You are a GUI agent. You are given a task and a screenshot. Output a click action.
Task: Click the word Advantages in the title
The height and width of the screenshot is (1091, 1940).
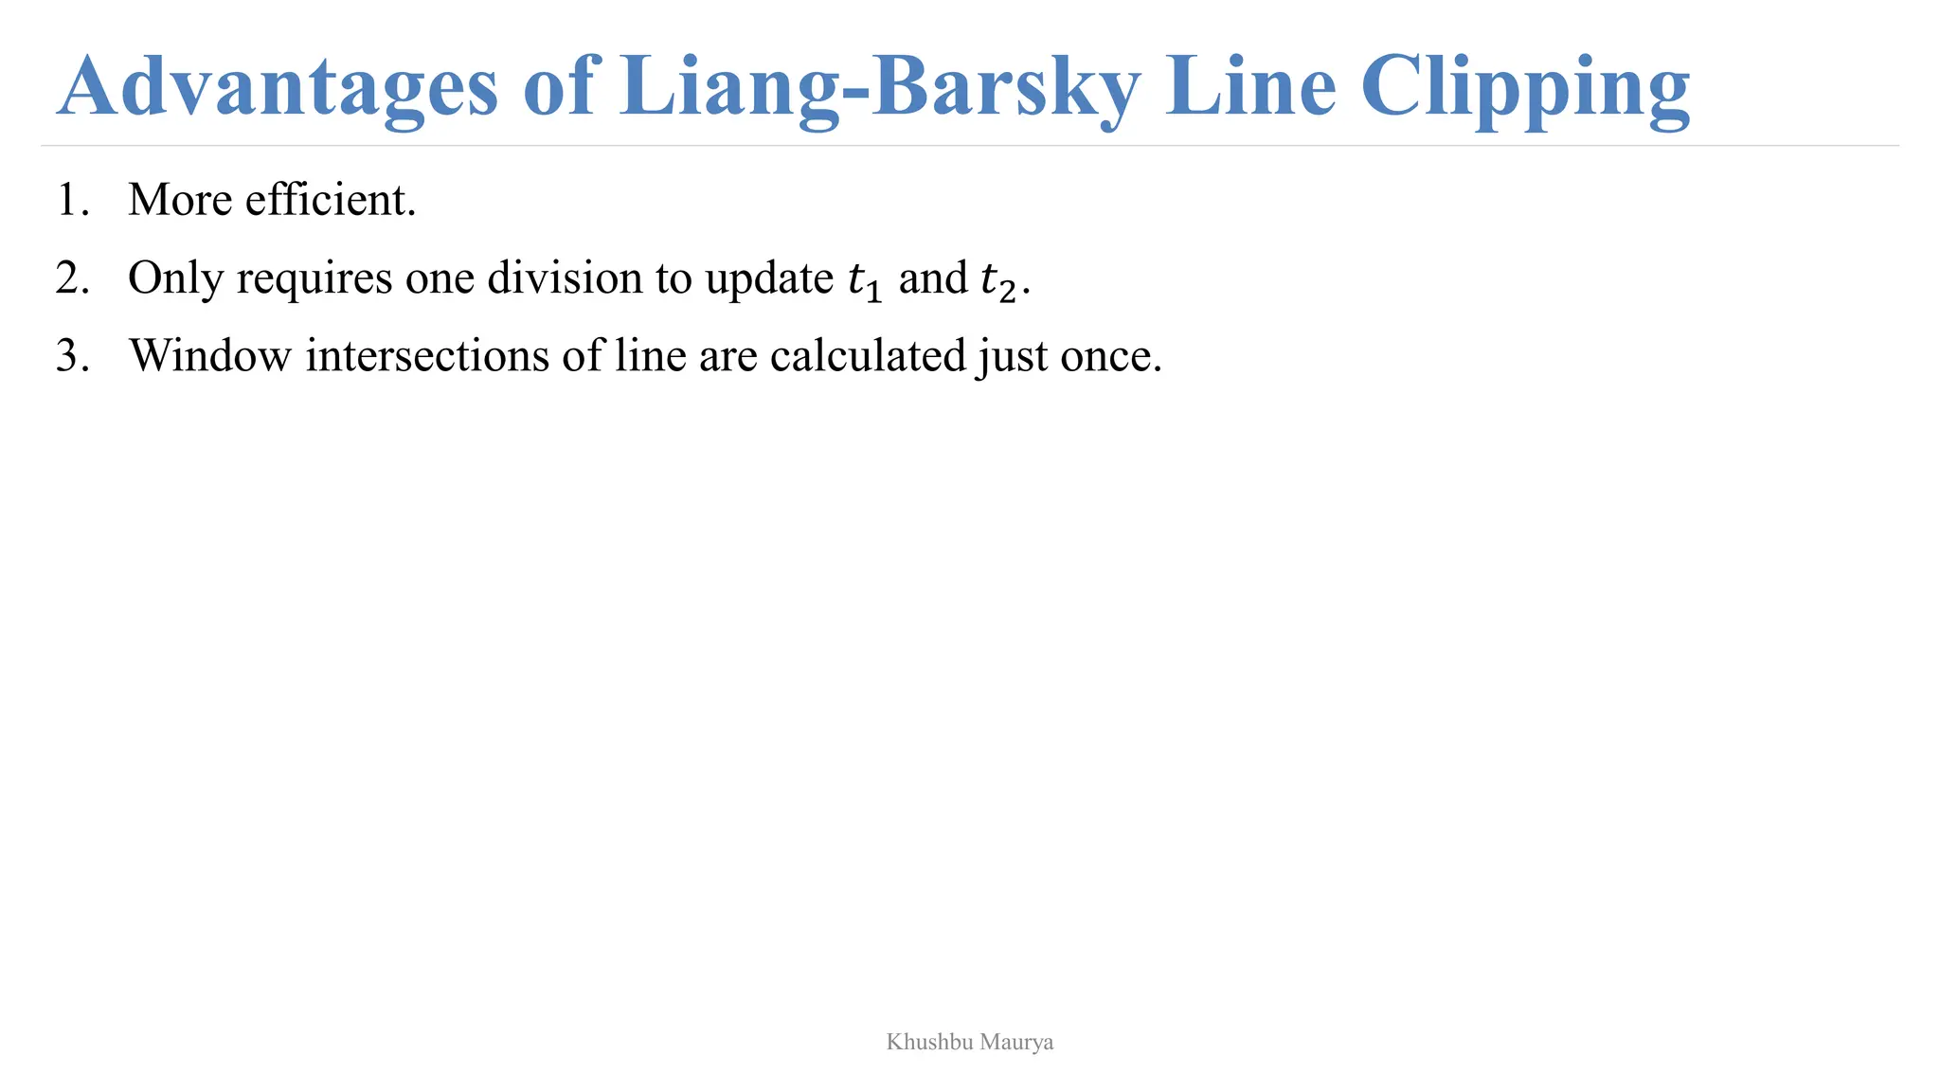tap(277, 87)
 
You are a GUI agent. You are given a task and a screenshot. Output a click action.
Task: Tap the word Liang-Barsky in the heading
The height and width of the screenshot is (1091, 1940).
tap(880, 87)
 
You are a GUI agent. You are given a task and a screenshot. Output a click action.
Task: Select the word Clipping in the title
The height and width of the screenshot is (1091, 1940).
tap(1525, 87)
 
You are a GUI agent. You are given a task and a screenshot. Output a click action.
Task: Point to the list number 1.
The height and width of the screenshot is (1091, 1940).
tap(71, 200)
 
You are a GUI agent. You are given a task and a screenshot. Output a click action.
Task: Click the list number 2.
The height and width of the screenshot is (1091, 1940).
tap(71, 278)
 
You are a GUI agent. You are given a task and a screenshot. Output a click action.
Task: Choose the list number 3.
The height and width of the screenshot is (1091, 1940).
tap(71, 356)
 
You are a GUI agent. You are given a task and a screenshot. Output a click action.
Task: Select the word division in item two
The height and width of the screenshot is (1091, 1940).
tap(565, 278)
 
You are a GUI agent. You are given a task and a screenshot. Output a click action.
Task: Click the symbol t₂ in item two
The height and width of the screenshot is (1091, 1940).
tap(998, 280)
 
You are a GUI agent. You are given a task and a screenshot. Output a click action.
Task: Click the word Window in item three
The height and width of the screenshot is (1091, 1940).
tap(210, 356)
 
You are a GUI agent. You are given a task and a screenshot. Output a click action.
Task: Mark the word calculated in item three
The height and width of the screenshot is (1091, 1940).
tap(867, 356)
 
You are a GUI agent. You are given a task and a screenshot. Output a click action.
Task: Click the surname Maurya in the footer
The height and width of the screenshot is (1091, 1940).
tap(1016, 1043)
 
